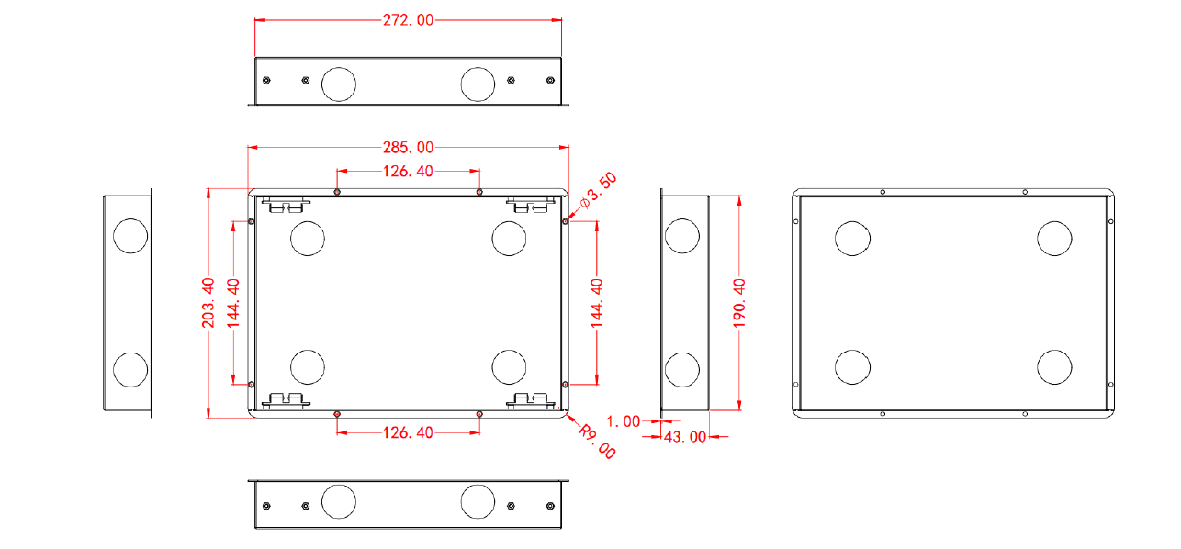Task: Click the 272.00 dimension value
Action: [x=408, y=20]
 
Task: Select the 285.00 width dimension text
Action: [x=408, y=148]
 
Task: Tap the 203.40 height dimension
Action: [x=208, y=303]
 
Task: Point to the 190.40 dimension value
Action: [x=739, y=303]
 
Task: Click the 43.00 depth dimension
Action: [x=685, y=437]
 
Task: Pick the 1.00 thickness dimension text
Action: [x=624, y=421]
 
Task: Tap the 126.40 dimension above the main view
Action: [x=408, y=172]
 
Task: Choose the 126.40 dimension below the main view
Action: [x=408, y=433]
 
